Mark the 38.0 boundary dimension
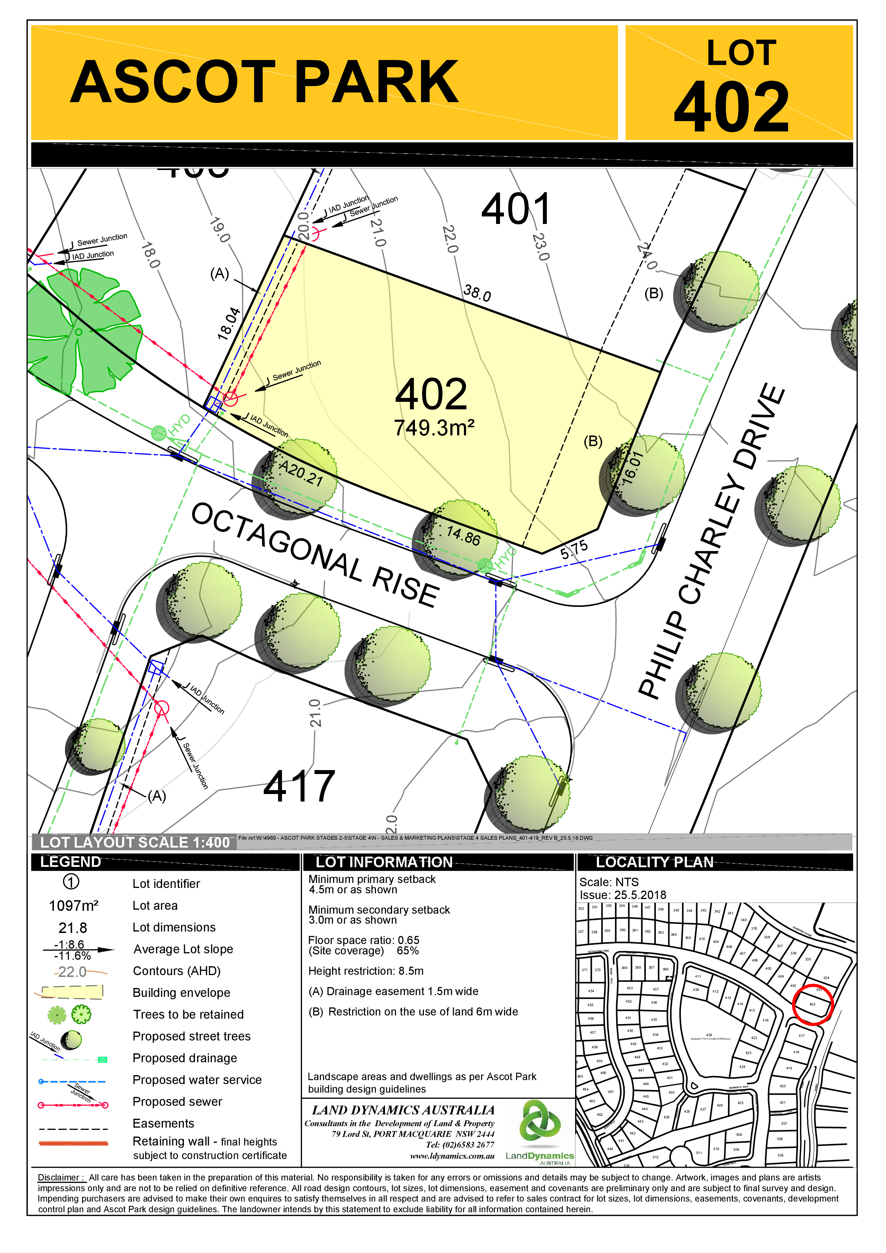click(x=477, y=293)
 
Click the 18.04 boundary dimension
click(x=229, y=324)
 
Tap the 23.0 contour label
click(x=540, y=247)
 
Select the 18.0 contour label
click(x=151, y=255)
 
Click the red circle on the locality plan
click(x=812, y=1005)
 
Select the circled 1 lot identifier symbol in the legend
click(x=71, y=882)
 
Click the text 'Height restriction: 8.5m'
click(x=366, y=971)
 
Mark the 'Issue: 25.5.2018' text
click(x=622, y=895)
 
